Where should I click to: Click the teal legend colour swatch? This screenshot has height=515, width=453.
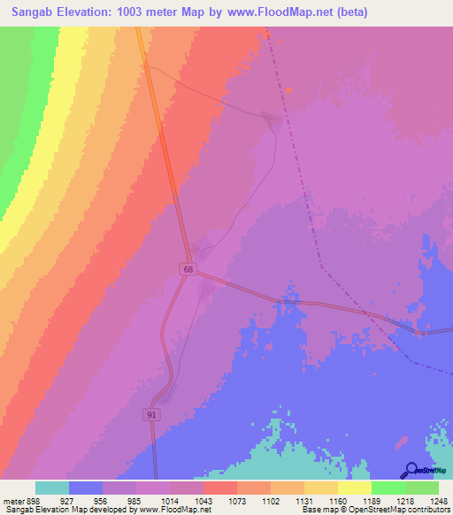point(52,488)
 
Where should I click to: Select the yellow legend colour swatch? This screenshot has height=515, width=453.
point(355,488)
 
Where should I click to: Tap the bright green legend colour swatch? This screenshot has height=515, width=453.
point(388,488)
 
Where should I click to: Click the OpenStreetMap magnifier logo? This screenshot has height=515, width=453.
point(410,470)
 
